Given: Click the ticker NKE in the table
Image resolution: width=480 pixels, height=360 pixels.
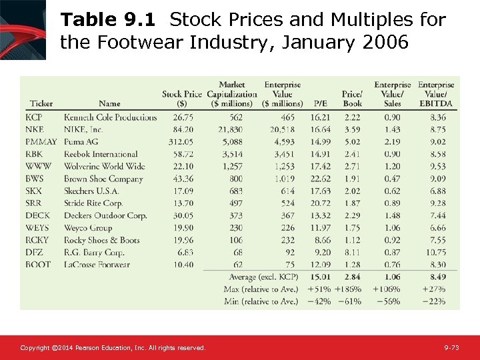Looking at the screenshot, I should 35,129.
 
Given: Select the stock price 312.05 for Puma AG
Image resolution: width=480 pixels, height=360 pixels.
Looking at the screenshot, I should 181,142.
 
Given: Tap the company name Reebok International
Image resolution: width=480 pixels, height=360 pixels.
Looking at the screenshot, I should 101,154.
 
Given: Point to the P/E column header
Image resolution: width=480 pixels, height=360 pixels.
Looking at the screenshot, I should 320,104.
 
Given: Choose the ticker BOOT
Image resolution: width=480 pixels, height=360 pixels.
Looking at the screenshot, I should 38,265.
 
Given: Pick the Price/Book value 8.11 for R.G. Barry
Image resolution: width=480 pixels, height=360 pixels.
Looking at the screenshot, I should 353,253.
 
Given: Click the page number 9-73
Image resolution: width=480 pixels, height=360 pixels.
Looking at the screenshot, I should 452,348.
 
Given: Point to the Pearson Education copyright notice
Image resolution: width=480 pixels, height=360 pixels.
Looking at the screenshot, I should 113,348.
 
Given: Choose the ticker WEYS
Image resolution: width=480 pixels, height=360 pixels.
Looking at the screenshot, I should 37,228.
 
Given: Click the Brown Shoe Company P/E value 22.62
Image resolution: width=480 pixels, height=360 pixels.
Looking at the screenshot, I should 320,179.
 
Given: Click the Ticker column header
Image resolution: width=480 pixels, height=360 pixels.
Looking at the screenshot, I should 41,104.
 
